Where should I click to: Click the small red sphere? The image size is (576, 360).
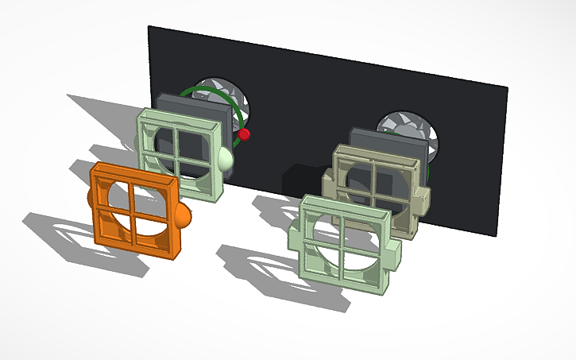(245, 135)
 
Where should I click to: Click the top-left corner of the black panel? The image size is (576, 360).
(149, 26)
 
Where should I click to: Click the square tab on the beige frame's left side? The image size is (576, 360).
(327, 184)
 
